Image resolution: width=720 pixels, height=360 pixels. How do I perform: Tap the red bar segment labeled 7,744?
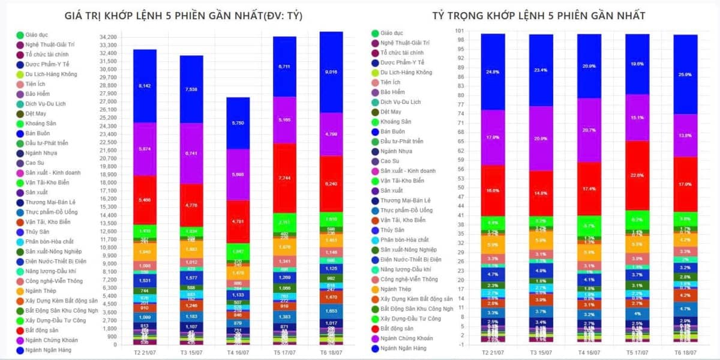284,178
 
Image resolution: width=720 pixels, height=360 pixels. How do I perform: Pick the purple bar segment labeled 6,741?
191,153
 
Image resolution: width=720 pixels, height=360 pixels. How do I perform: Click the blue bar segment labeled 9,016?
331,72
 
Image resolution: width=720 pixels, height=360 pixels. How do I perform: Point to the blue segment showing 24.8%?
493,71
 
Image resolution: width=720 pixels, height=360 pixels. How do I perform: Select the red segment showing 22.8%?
637,175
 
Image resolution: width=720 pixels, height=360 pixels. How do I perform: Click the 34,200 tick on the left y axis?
107,37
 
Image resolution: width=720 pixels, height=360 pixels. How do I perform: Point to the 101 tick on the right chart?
460,31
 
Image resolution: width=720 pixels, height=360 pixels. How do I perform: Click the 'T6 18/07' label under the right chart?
685,352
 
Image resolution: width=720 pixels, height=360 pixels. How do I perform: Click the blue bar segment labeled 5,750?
238,123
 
